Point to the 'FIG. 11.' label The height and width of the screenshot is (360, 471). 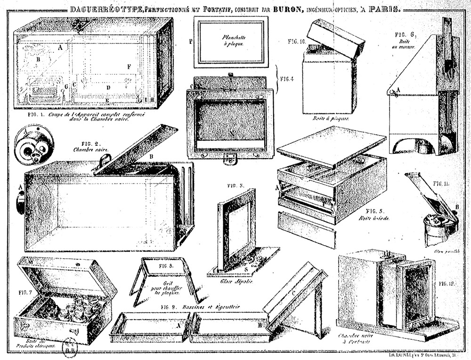coord(442,184)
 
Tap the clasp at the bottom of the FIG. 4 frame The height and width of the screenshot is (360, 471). coord(230,160)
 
